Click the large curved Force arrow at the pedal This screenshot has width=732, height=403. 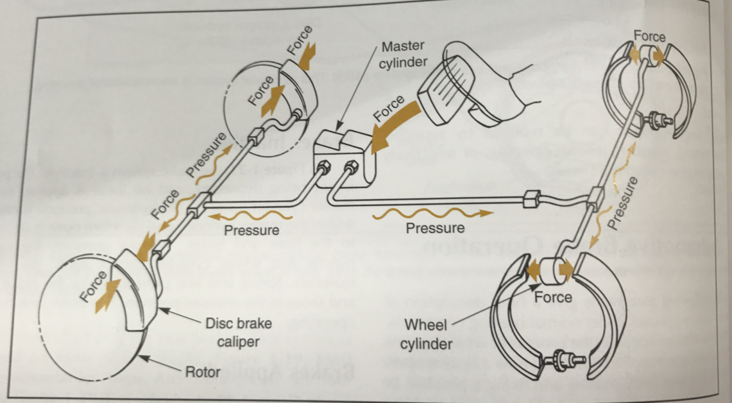(391, 122)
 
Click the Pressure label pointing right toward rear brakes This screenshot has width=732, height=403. (436, 228)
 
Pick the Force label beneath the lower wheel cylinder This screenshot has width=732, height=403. (553, 297)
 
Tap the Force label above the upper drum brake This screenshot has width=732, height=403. (649, 37)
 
